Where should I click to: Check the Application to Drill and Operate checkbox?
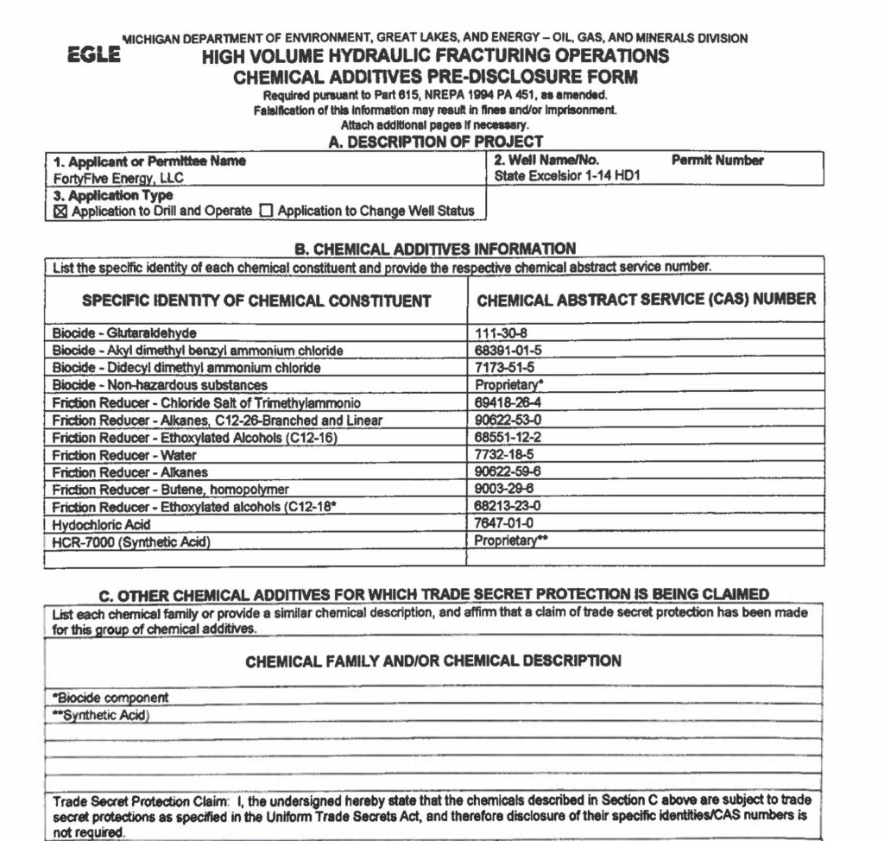pos(60,210)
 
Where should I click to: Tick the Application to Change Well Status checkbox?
pos(266,210)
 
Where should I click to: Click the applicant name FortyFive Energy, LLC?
pos(118,178)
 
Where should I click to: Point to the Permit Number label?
pos(717,161)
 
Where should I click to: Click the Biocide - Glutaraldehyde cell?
pos(124,332)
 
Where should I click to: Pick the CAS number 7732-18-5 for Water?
pos(504,454)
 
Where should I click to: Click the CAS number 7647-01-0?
pos(504,523)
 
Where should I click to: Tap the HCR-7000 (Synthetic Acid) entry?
pos(131,541)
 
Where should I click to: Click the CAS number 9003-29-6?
pos(504,489)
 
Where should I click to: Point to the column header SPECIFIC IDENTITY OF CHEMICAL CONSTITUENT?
pos(256,300)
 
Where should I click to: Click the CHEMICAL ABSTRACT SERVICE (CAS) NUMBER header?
pos(646,300)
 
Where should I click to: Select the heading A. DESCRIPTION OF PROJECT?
pos(436,142)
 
